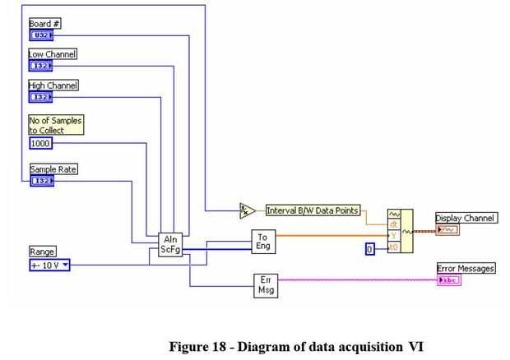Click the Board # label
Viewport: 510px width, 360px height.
click(44, 24)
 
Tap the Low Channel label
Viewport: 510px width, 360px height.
click(53, 54)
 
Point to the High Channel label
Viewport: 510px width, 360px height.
click(53, 85)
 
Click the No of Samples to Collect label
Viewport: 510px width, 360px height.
click(55, 124)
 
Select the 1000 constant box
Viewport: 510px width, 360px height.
click(40, 143)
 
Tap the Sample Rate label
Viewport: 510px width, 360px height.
click(53, 169)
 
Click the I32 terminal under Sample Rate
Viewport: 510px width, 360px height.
click(41, 181)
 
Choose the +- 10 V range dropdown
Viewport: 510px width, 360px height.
click(49, 265)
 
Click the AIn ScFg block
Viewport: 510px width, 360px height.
click(170, 244)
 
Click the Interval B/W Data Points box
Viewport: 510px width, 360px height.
click(313, 210)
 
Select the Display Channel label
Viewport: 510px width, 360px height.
click(465, 218)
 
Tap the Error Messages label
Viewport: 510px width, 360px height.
click(466, 269)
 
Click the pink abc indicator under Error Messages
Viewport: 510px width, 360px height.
click(449, 280)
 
